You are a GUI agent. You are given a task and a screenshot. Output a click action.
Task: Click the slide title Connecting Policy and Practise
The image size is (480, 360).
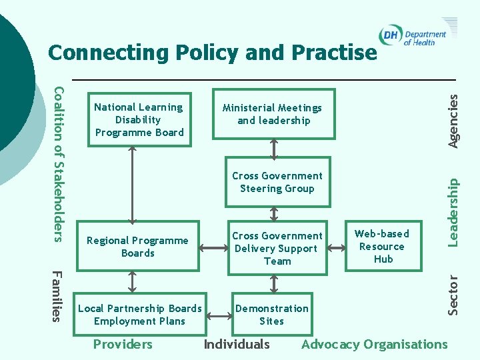pos(213,53)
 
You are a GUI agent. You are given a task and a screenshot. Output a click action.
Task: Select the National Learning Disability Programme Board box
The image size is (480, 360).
pos(139,120)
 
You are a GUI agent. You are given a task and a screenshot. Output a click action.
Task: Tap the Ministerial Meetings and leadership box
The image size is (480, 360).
pos(273,114)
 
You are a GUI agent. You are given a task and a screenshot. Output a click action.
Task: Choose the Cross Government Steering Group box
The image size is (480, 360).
pos(277,182)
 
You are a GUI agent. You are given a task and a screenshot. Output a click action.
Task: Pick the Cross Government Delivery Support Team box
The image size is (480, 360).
pos(277,248)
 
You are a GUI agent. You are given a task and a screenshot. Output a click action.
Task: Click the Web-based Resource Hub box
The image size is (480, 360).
pos(382,245)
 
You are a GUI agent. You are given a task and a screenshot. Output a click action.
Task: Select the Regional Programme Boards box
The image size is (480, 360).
pos(137,247)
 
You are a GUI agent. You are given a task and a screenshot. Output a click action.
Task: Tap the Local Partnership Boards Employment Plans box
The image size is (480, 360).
pos(139,315)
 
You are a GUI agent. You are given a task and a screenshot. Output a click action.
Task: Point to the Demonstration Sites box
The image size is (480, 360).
pos(271,315)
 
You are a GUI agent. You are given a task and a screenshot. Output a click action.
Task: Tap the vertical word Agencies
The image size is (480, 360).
pos(453,120)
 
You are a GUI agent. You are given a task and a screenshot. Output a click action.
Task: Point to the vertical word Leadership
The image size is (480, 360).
pos(453,211)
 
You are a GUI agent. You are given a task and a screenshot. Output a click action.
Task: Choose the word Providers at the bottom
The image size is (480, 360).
pos(123,345)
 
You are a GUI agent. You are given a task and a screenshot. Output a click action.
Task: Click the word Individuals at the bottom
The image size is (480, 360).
pos(237,345)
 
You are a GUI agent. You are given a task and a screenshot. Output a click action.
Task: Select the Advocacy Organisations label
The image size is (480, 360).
pos(375,345)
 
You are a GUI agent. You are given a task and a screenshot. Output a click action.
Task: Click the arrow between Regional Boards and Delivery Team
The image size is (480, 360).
pos(213,248)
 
